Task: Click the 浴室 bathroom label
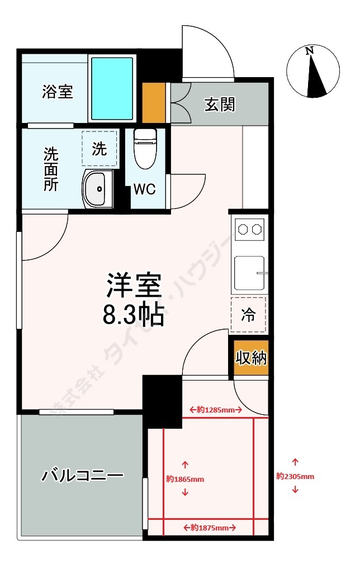coord(58,92)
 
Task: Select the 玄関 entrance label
coord(220,105)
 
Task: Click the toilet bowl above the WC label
coord(145,149)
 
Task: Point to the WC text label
coord(144,189)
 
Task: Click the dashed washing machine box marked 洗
coord(100,149)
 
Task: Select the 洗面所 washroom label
coord(51,169)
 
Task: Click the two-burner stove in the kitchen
coord(249,229)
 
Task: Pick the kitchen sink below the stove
coord(249,272)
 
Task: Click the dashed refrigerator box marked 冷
coord(248,315)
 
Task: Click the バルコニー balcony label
coord(82,476)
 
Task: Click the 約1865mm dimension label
coord(185,479)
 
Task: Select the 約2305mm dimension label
coord(295,476)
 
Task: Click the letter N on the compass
coord(309,51)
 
